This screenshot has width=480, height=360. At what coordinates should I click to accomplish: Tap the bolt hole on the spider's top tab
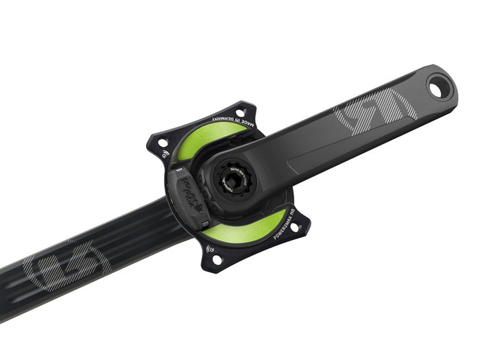[x=241, y=112]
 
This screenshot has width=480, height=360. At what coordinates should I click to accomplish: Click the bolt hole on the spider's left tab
[x=163, y=143]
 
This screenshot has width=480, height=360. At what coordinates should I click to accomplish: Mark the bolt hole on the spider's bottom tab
[x=217, y=259]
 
